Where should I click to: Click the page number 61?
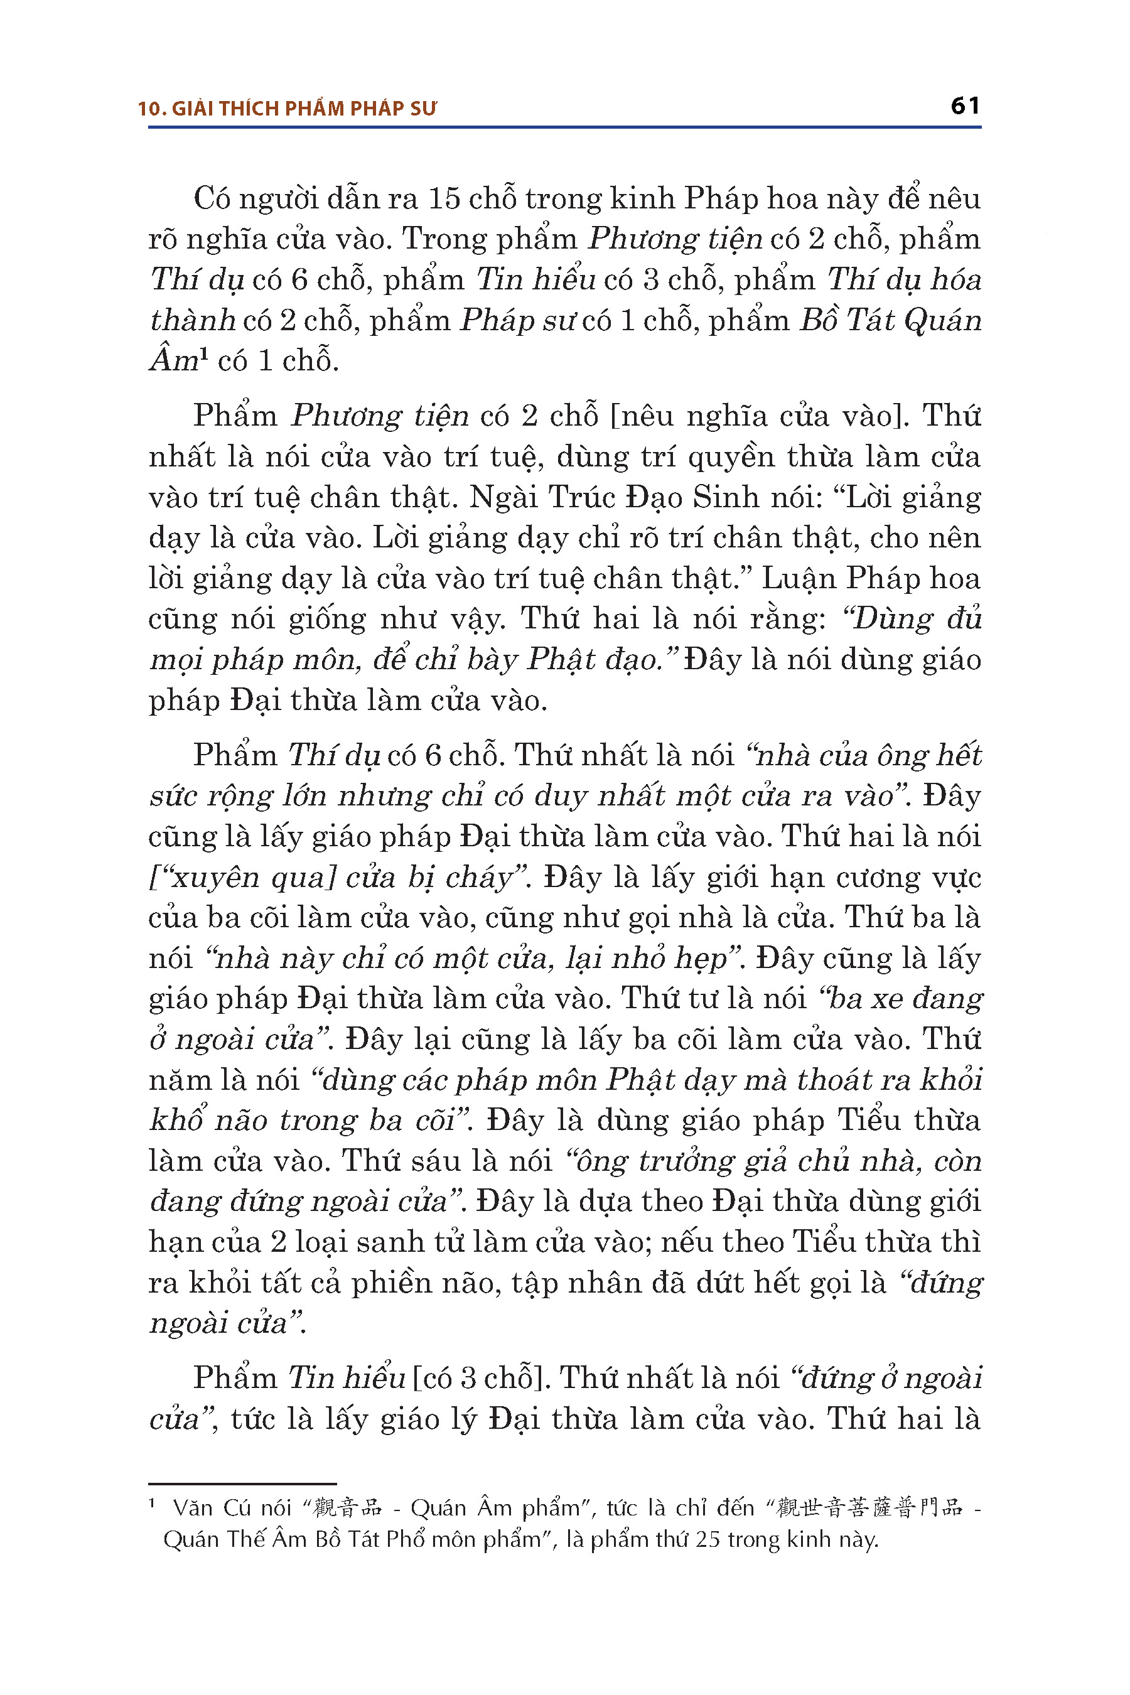click(x=965, y=106)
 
